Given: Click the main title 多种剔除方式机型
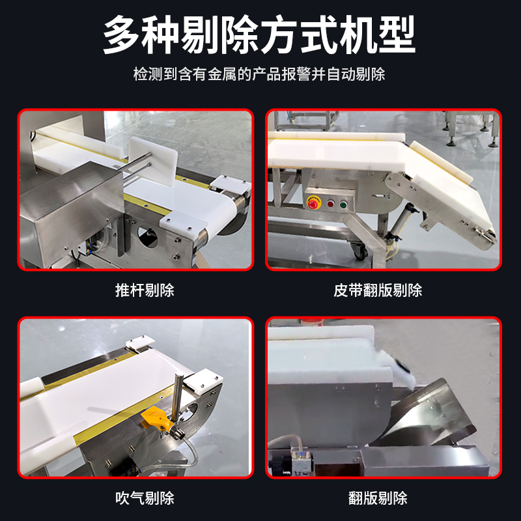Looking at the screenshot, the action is (259, 35).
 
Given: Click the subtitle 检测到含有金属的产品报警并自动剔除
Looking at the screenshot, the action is (259, 74).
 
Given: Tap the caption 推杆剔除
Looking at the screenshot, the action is (145, 290).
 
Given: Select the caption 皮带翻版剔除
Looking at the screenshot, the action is (378, 290).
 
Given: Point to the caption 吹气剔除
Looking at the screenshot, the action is (145, 498).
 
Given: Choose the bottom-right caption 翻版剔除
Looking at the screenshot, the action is (378, 498).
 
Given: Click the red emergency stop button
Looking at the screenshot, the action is (313, 204).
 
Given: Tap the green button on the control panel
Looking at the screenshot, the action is (343, 204).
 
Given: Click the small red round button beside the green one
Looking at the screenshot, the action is (330, 204).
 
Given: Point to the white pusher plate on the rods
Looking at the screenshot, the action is (153, 161).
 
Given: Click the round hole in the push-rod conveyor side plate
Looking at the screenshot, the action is (148, 236).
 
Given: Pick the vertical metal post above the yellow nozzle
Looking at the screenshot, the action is (176, 400).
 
